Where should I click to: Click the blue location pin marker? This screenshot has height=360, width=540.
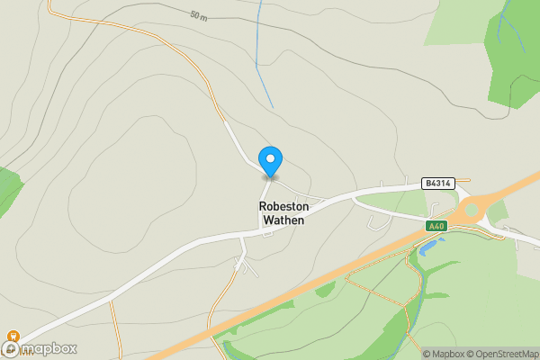270,161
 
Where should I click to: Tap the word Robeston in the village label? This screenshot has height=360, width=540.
284,206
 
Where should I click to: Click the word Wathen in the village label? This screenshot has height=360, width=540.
284,220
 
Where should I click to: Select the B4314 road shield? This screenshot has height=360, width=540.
438,184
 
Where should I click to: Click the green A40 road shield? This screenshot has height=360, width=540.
436,226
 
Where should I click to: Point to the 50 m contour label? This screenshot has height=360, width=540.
199,16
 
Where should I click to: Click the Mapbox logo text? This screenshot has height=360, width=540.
50,349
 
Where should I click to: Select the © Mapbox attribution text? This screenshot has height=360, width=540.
443,354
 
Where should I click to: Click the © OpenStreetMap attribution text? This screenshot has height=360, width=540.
501,354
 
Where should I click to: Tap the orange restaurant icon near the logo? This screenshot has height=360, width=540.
13,337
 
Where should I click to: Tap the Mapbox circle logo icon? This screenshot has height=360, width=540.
12,349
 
